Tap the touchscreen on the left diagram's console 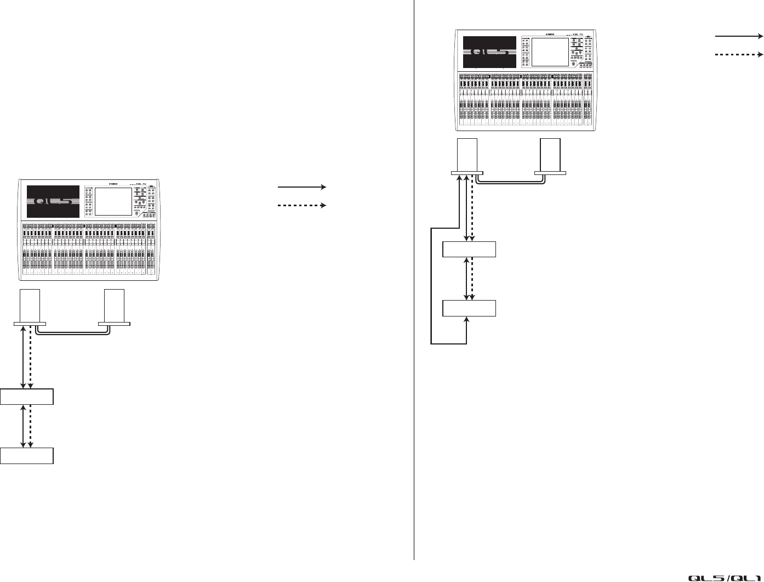(x=113, y=201)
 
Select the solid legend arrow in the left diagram (x=302, y=187)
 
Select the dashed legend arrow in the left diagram (x=302, y=205)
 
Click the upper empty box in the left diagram (x=27, y=397)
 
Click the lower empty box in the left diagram (x=27, y=456)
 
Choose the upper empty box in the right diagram (x=469, y=249)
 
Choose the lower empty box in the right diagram (x=469, y=308)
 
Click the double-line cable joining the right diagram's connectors (x=510, y=185)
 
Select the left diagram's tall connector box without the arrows (x=114, y=307)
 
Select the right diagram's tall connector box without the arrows (x=550, y=157)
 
